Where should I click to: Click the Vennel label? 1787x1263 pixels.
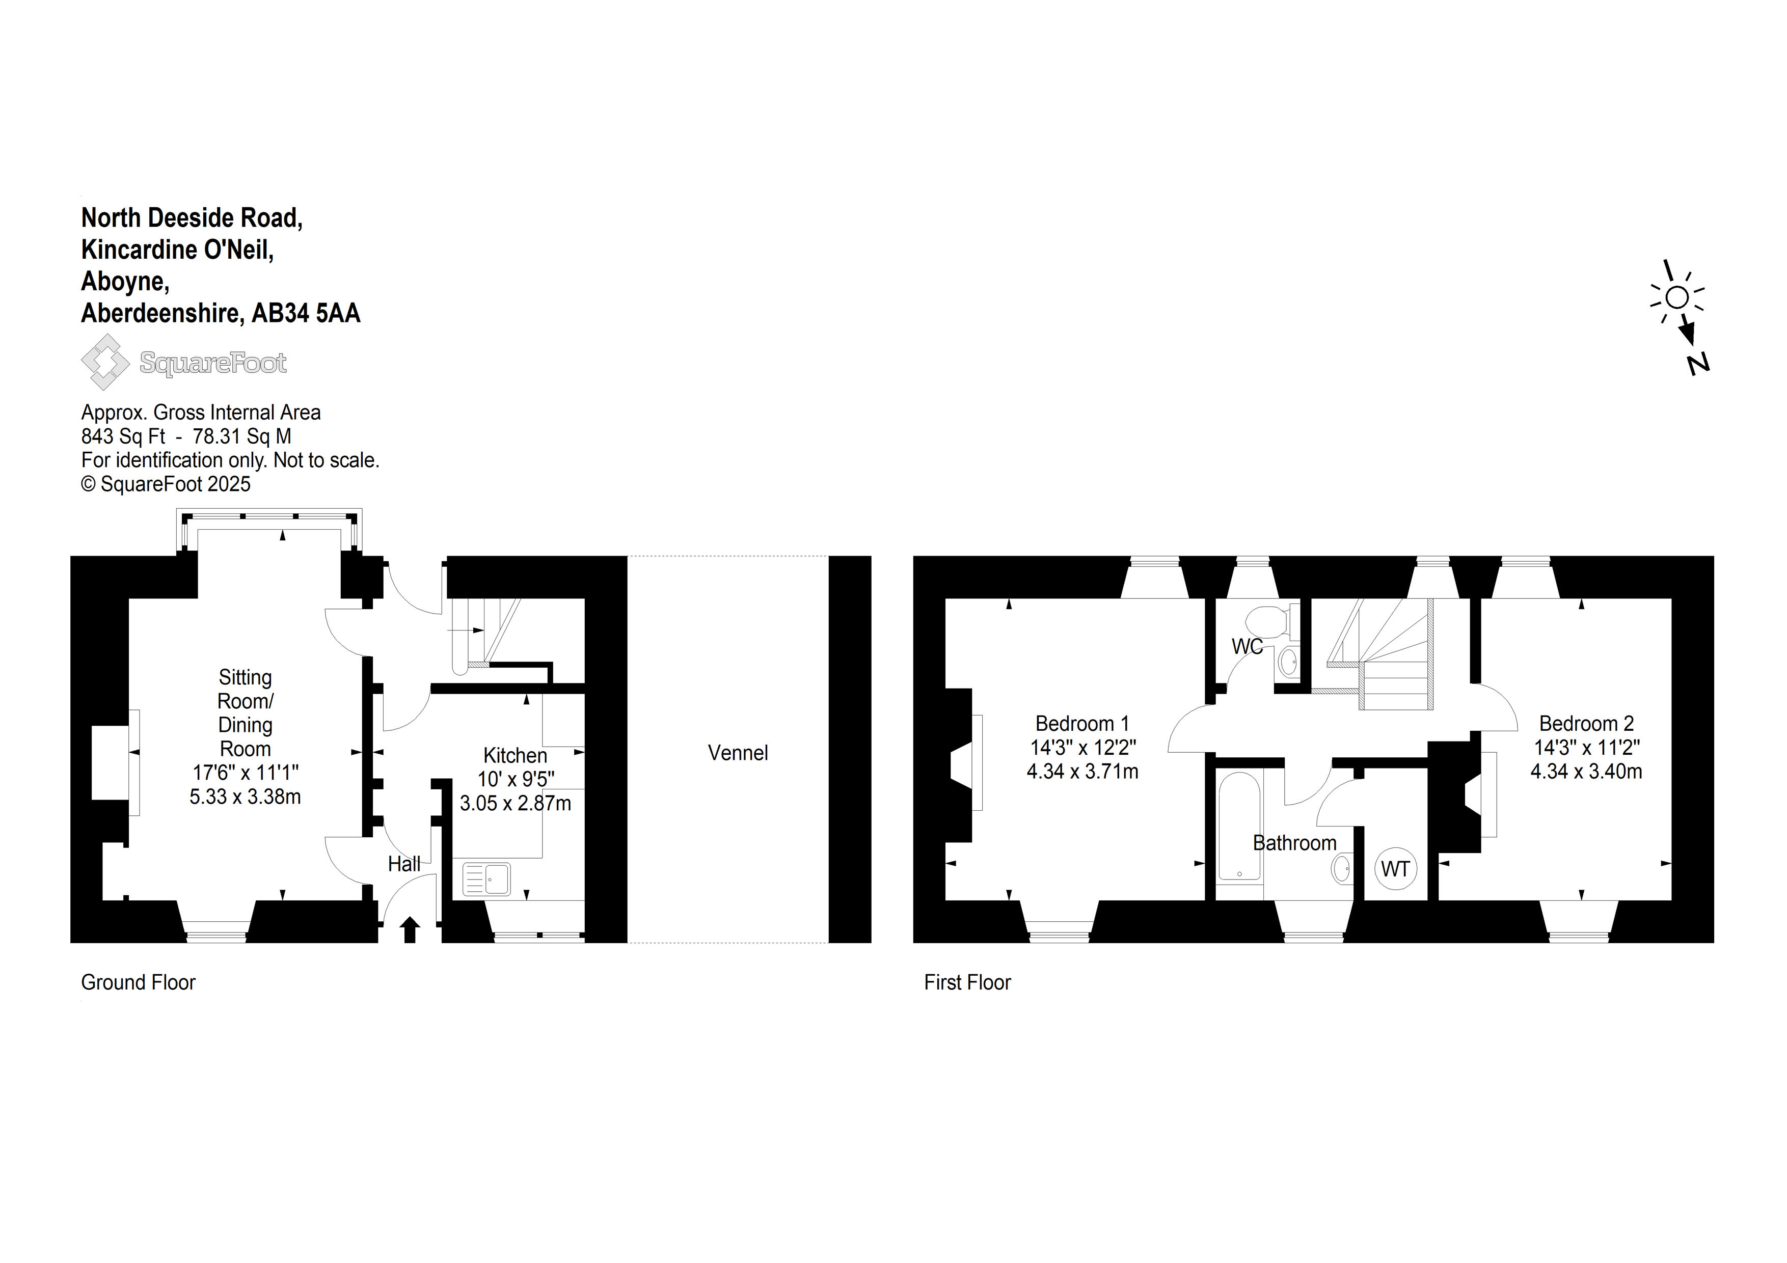(x=737, y=753)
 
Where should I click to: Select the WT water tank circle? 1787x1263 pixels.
(x=1395, y=868)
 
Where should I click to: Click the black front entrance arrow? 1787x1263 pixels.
(x=410, y=930)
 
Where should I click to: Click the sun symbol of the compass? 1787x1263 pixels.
(x=1678, y=297)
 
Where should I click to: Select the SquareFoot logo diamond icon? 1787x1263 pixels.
(x=105, y=362)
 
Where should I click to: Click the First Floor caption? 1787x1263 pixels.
(x=967, y=982)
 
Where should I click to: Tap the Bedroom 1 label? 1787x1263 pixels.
(x=1082, y=723)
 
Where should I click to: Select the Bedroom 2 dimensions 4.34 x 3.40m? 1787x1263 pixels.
(x=1586, y=771)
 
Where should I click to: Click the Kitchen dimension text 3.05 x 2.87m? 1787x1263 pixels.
(x=515, y=803)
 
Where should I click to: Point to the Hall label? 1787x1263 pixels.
(x=404, y=863)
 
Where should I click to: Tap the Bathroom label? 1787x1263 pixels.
(x=1294, y=843)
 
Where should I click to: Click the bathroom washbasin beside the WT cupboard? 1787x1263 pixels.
(x=1342, y=868)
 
